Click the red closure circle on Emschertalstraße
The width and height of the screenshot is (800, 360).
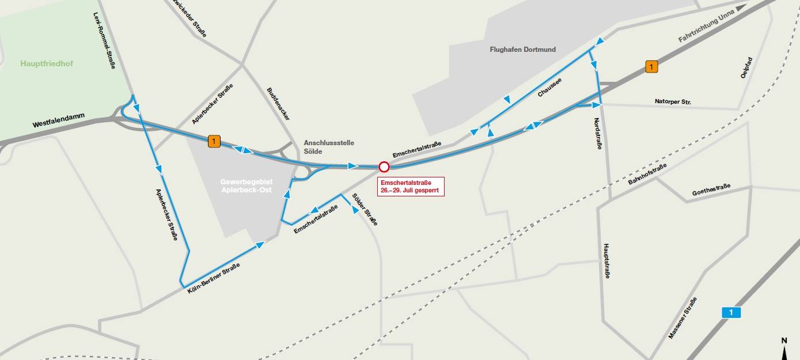(x=384, y=167)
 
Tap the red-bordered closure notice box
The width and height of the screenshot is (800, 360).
(x=411, y=187)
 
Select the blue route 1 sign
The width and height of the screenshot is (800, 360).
(x=731, y=313)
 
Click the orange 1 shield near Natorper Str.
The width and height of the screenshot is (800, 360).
(x=651, y=67)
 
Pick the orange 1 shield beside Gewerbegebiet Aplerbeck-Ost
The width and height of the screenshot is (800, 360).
(x=214, y=141)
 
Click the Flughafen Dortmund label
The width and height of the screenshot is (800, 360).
(x=522, y=50)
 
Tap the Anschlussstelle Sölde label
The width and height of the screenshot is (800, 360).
(x=329, y=147)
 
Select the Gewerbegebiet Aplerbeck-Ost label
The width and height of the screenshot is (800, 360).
(x=247, y=185)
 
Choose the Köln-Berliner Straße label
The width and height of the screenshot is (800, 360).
(x=213, y=279)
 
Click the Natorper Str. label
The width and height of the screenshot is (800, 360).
(x=673, y=102)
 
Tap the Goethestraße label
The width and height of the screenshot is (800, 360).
(x=711, y=190)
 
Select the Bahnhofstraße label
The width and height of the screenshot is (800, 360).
(x=647, y=174)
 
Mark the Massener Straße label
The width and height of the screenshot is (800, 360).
(x=683, y=318)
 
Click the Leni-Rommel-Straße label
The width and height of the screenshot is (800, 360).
(x=104, y=41)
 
